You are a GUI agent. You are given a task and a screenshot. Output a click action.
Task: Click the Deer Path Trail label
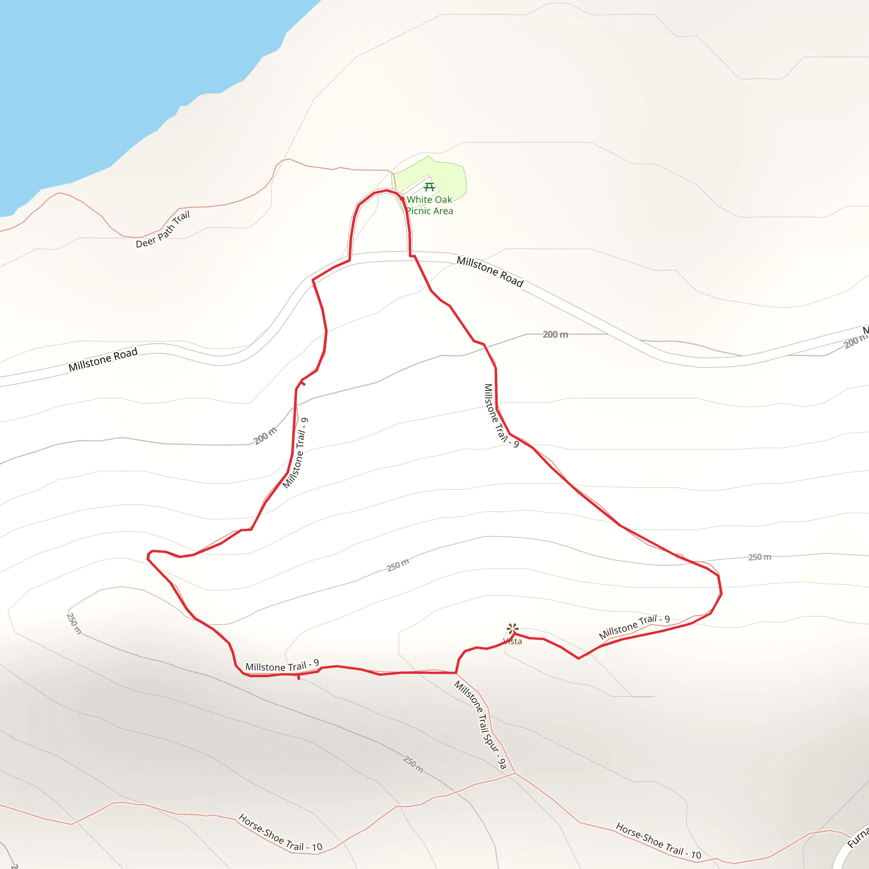click(x=163, y=230)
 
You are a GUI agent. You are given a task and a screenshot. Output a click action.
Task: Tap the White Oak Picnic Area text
click(x=429, y=205)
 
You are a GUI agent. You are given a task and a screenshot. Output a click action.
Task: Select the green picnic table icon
click(x=429, y=187)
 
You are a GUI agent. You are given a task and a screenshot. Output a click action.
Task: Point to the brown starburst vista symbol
click(x=512, y=628)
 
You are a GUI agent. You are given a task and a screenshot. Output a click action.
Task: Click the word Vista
click(x=512, y=642)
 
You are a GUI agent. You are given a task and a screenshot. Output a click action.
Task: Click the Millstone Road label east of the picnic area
click(x=490, y=272)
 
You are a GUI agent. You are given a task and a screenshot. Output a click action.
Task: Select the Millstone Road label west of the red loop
click(x=103, y=360)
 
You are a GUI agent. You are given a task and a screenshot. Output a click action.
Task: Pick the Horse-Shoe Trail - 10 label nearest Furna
click(x=658, y=841)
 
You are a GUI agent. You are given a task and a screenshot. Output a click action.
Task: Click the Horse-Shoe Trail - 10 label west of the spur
click(x=280, y=833)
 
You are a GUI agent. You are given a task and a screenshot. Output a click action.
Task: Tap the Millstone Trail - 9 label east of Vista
click(x=634, y=627)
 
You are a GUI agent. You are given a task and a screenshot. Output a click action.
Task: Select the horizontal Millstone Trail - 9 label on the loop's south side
click(x=282, y=666)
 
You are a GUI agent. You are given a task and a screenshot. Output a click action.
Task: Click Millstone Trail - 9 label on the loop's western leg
click(x=295, y=453)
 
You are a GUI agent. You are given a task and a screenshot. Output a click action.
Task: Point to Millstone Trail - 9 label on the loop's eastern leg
click(x=501, y=416)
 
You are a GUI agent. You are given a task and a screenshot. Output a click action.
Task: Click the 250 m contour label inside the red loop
click(x=398, y=565)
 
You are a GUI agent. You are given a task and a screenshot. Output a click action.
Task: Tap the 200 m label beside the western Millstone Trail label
click(x=265, y=436)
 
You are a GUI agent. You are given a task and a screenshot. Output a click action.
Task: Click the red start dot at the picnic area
click(x=402, y=198)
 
